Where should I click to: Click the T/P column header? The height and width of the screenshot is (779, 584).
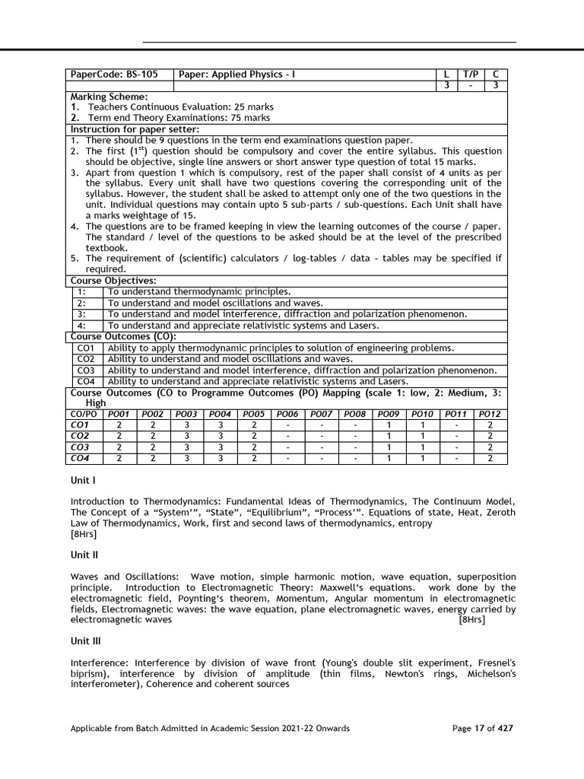pos(471,75)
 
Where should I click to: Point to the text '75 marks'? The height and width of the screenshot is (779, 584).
pos(249,118)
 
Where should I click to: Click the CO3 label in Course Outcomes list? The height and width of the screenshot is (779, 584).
pos(86,370)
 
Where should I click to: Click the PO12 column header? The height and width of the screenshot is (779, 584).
pos(490,414)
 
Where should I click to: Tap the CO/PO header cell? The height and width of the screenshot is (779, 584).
pos(82,414)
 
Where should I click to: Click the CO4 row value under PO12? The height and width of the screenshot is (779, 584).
pos(490,459)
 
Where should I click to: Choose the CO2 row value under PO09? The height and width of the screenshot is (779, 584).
pos(389,436)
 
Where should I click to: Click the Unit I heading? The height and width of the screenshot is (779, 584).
pos(82,481)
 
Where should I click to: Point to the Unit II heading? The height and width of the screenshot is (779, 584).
pos(84,555)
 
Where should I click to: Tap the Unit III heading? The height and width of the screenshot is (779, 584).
pos(85,641)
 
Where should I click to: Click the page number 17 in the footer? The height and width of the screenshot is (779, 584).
pos(479,728)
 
